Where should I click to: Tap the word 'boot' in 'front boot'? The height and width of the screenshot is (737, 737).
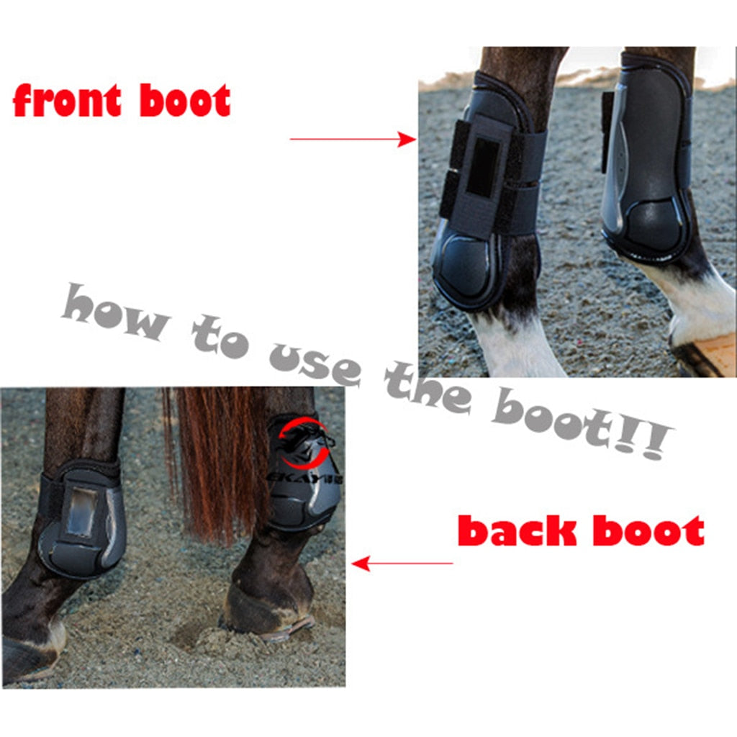click(185, 101)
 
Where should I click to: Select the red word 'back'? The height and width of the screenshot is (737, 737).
click(517, 531)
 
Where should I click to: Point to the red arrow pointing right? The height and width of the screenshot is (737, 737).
click(353, 140)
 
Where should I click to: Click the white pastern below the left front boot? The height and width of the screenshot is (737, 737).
click(515, 345)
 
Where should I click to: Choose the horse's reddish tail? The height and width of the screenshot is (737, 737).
click(216, 461)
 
